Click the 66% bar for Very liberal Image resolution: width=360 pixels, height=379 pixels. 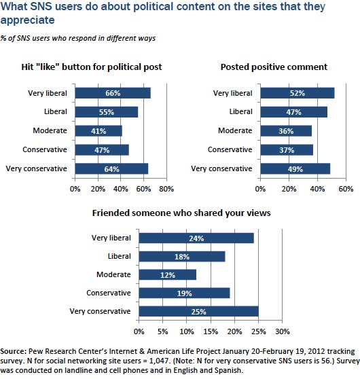coord(113,93)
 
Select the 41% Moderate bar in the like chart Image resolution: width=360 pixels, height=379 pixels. coord(98,131)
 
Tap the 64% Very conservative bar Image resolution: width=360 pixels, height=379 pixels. coord(111,168)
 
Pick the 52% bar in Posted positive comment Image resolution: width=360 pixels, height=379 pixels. coord(298,93)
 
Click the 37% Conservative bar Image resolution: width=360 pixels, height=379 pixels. coord(287,150)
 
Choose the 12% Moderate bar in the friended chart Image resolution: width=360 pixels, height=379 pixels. coord(168,275)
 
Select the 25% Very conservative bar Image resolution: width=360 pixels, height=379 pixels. coord(199,311)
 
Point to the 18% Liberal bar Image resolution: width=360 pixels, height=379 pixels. coord(182,257)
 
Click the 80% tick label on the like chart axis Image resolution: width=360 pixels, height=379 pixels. coord(166,189)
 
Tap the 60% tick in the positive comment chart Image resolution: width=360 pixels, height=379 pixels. coord(346,189)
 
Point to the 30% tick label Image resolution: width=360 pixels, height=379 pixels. coord(283,331)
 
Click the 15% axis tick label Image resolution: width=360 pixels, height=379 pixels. coord(211,331)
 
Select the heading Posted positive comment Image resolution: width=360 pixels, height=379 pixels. coord(274,67)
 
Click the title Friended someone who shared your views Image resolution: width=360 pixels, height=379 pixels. coord(181,213)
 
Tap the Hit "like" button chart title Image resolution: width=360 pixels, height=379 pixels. coord(92,67)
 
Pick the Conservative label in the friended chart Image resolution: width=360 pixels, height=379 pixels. coord(109,293)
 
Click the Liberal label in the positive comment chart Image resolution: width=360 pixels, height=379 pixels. coord(241,111)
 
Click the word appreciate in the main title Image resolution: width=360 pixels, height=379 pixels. coord(28,20)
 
